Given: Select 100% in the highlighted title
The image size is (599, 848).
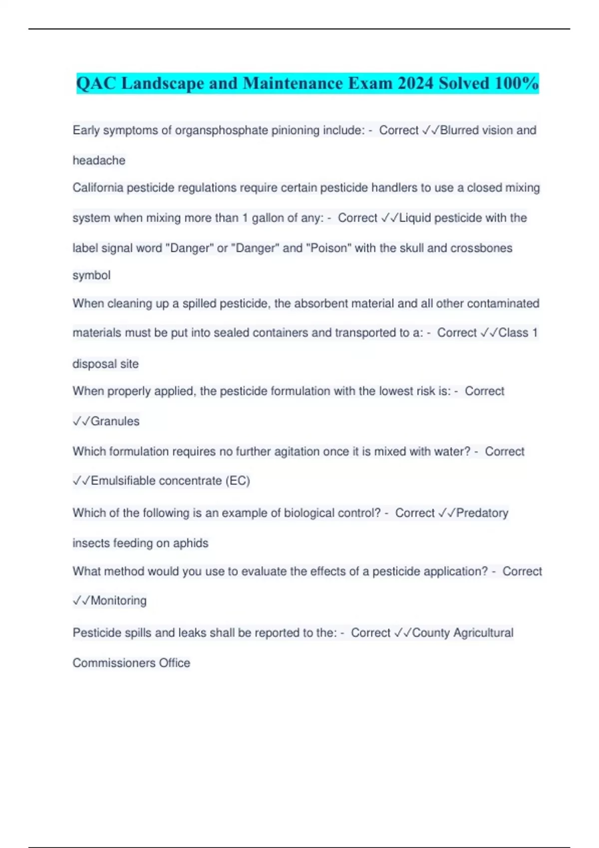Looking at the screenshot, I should pos(516,83).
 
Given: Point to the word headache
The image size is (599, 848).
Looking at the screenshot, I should pos(99,161).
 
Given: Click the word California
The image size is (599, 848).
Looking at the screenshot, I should pos(98,188).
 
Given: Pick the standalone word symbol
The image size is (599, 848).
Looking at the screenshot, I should pos(91,275).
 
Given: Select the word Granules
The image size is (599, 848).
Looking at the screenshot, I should pos(115,421).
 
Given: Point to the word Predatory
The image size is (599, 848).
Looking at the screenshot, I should pos(482,513).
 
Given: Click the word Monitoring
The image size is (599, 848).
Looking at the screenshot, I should pos(118,601).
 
